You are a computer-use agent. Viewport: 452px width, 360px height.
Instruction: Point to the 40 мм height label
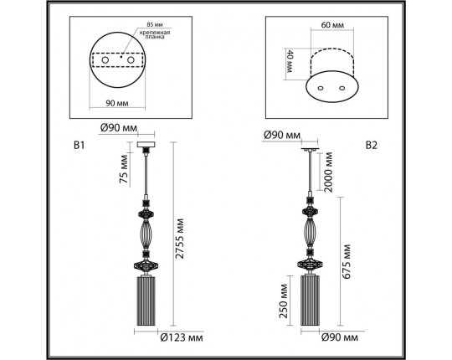tap(290, 61)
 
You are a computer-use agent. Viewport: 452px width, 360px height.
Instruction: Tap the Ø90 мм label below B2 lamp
tap(340, 339)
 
